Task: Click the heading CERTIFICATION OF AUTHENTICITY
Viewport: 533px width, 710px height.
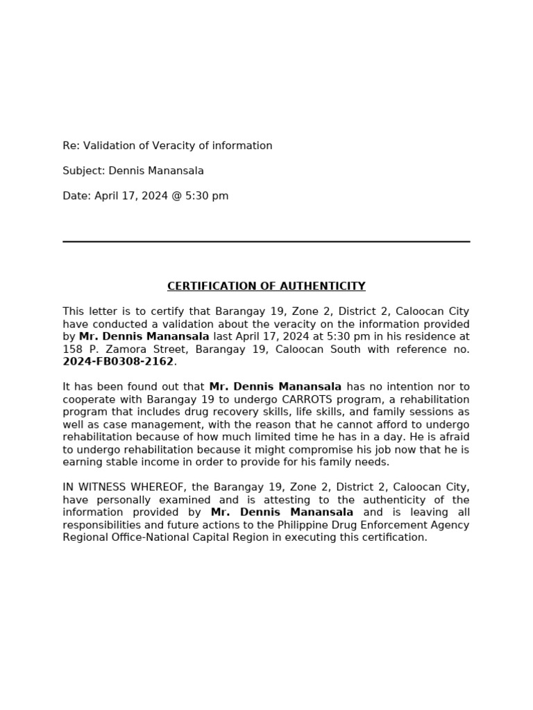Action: point(266,286)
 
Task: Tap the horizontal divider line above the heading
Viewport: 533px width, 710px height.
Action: point(266,241)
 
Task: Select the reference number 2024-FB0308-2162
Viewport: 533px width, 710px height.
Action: point(117,362)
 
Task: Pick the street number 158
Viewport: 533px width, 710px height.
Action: point(72,349)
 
